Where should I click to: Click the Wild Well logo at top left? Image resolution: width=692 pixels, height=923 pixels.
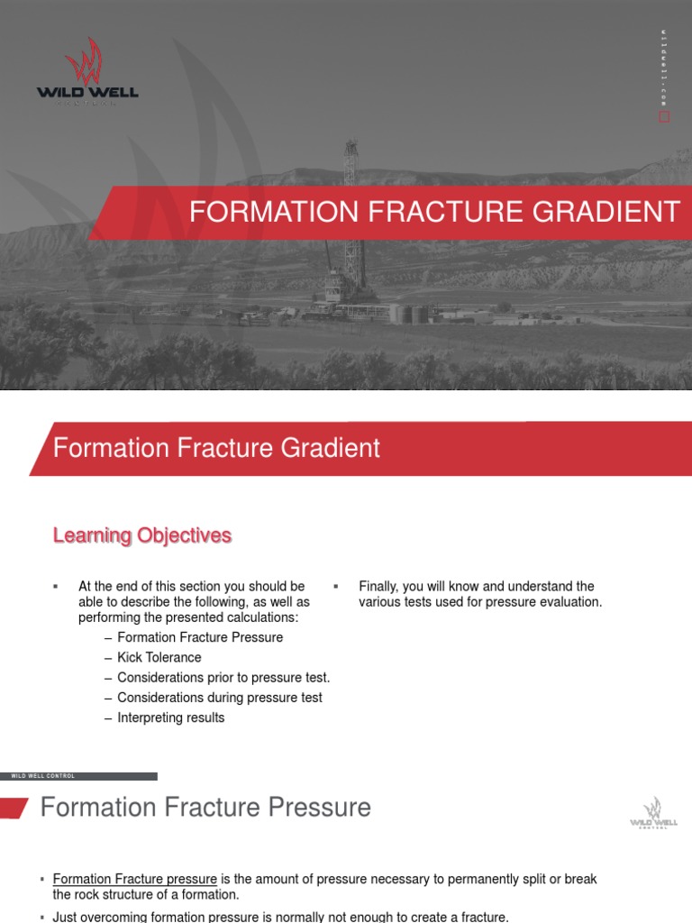click(x=86, y=73)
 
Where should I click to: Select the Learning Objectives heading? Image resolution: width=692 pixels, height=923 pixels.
click(x=141, y=535)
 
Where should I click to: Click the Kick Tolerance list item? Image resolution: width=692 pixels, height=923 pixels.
click(x=159, y=657)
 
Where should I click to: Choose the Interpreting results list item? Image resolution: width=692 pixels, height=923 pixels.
click(x=170, y=717)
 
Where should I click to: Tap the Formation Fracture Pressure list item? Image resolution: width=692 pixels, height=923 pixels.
click(x=200, y=637)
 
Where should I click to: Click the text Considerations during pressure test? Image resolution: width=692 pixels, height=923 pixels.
click(x=219, y=698)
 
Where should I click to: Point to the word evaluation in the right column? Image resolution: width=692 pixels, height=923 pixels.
click(x=570, y=601)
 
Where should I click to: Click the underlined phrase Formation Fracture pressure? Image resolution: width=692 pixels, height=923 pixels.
click(x=135, y=879)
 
